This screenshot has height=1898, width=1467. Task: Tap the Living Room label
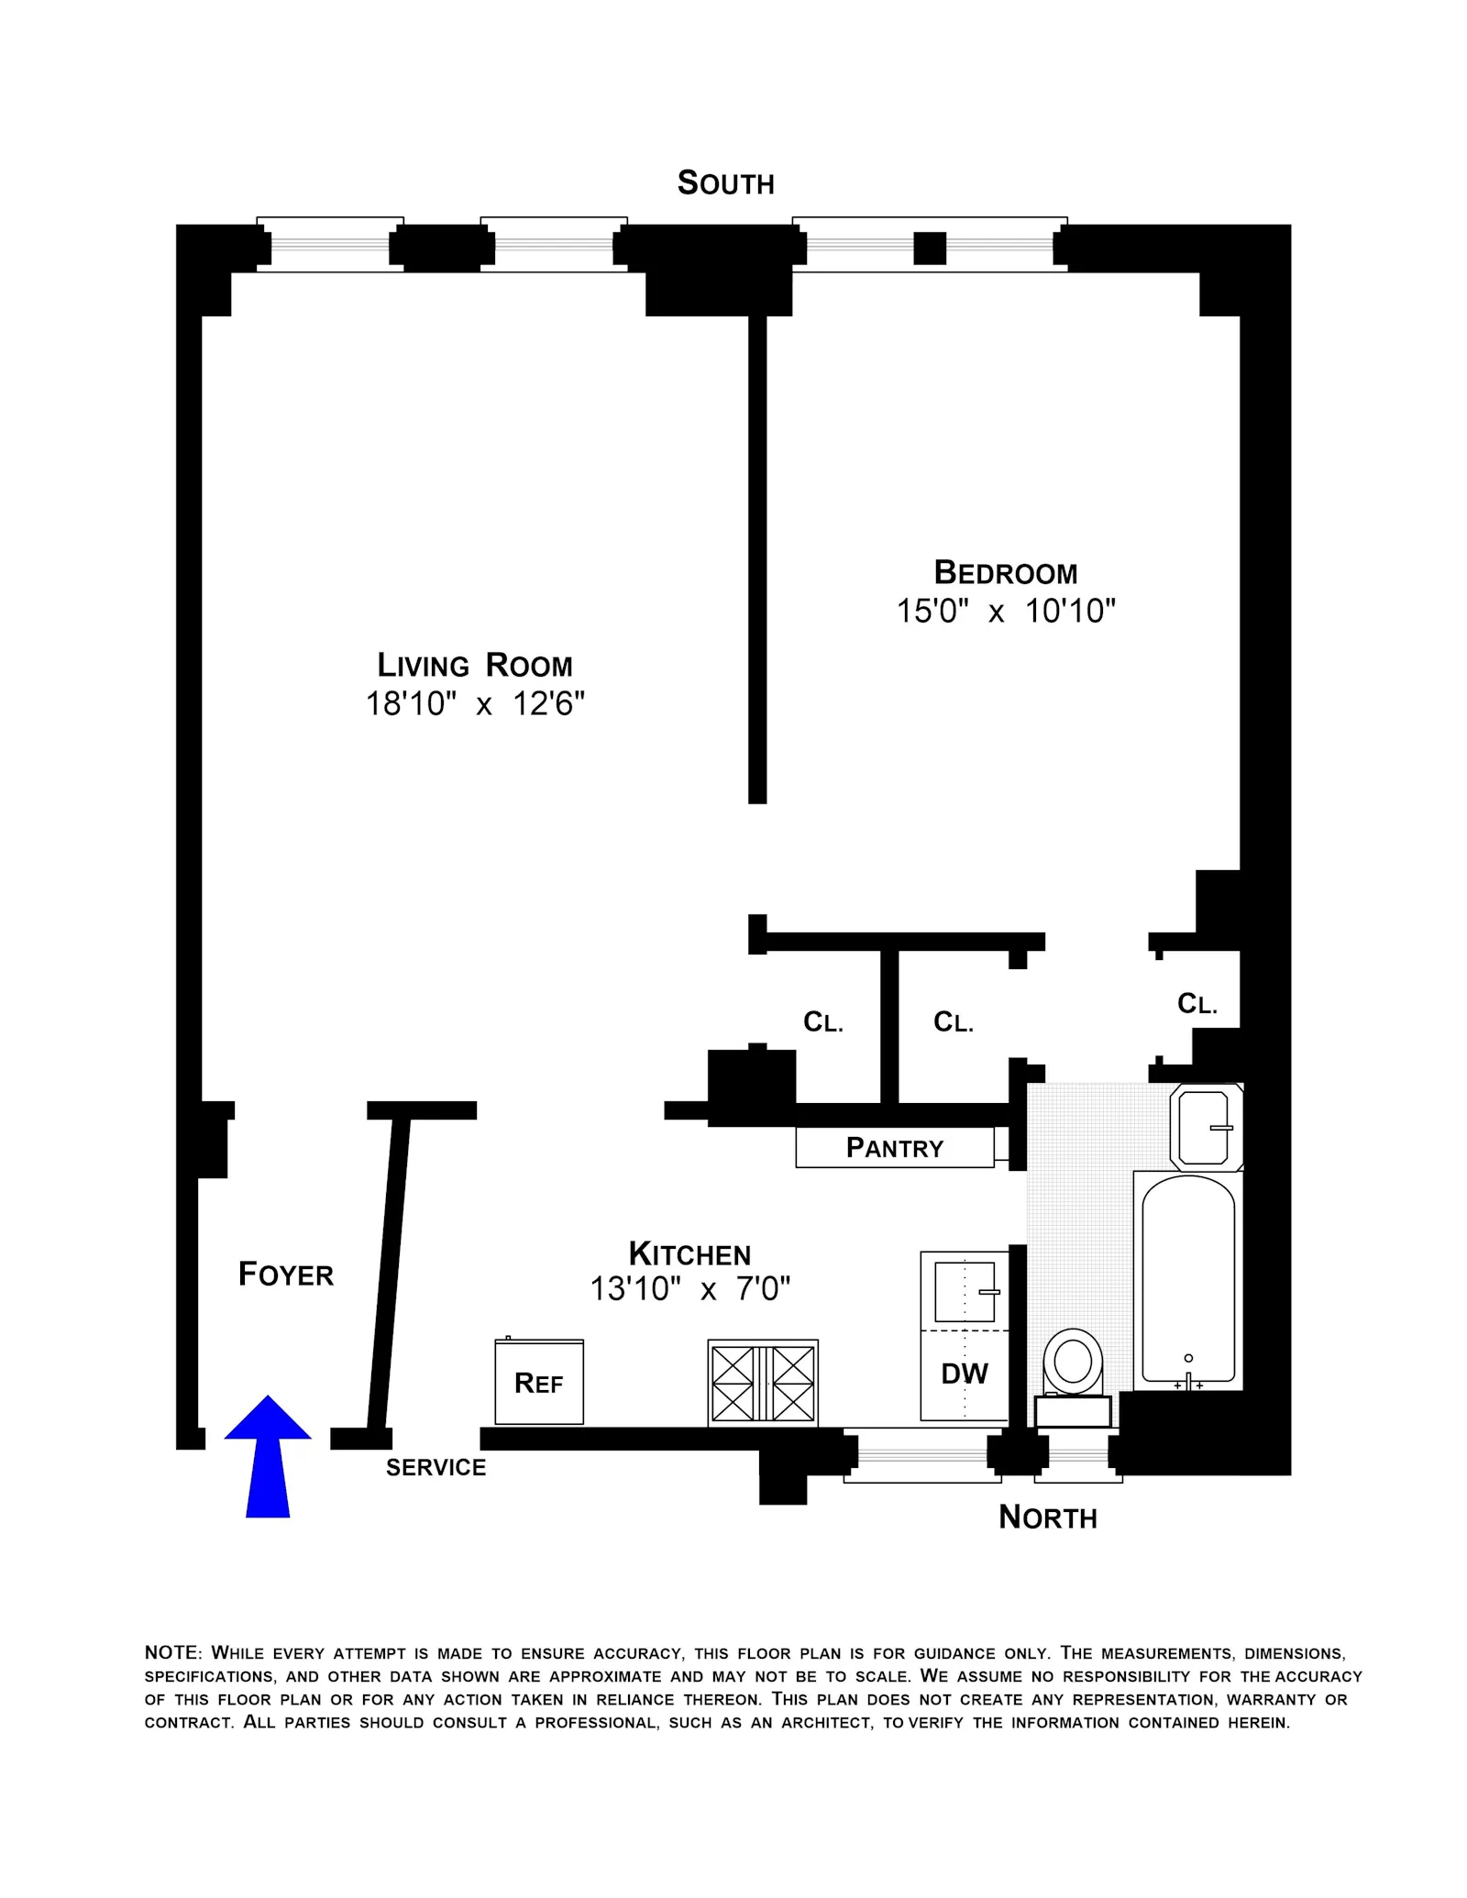coord(475,665)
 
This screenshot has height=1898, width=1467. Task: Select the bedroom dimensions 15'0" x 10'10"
coord(1006,611)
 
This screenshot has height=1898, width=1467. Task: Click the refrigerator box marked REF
coord(539,1382)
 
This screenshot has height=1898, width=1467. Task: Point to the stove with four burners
coord(763,1383)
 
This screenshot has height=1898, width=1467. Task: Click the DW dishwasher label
coord(965,1374)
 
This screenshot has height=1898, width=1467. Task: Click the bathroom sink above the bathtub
coord(1204,1127)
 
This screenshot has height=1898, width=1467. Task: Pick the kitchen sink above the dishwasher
coord(965,1291)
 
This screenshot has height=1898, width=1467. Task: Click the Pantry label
coord(895,1148)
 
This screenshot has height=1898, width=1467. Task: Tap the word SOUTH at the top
coord(725,183)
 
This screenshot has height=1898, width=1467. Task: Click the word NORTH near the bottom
coord(1047,1517)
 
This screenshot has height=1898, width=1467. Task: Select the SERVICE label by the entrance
coord(436,1468)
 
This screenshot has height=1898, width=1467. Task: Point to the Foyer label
coord(285,1275)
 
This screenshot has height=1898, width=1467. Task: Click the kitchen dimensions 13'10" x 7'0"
coord(689,1289)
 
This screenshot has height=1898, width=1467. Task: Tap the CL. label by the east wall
coord(1197,1004)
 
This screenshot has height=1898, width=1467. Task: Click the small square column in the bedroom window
coord(930,248)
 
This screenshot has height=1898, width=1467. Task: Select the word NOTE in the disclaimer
coord(171,1653)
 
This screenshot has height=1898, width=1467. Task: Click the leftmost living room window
coord(330,245)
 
